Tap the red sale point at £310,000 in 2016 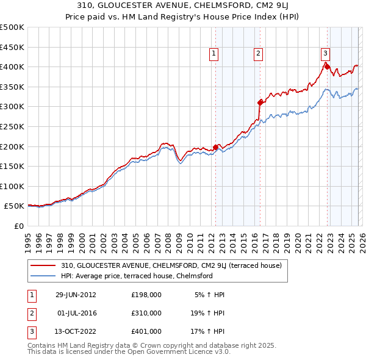[260, 103]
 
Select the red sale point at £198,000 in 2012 [216, 147]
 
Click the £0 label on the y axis [18, 226]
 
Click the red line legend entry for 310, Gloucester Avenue [171, 265]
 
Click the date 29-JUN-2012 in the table [76, 295]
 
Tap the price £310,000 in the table [146, 313]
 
